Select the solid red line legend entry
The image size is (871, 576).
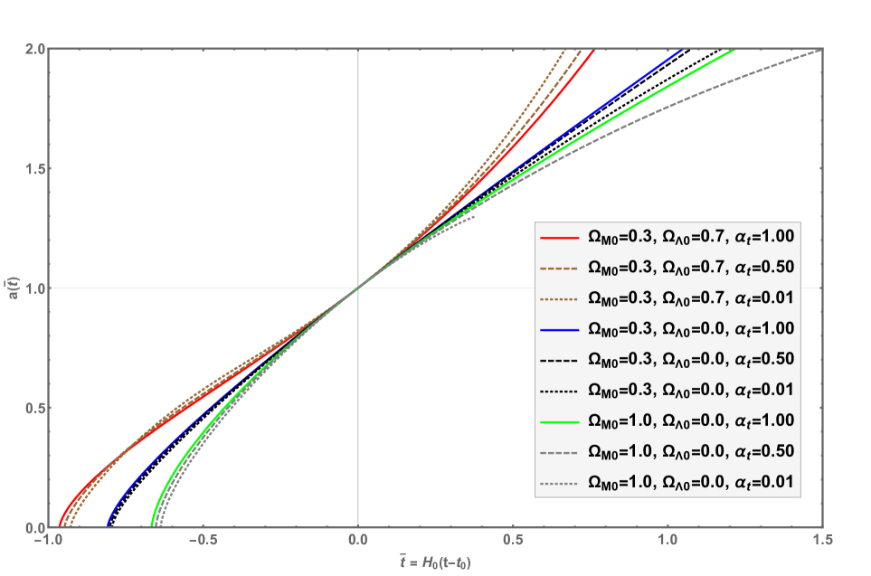[667, 238]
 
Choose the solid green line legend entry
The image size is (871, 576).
[667, 420]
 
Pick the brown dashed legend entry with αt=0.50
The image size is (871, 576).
[667, 268]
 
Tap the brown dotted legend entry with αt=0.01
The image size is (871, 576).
[667, 297]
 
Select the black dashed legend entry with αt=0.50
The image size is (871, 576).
[667, 359]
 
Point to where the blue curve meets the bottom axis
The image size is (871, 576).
[108, 525]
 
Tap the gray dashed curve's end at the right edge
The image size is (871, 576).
[820, 51]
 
